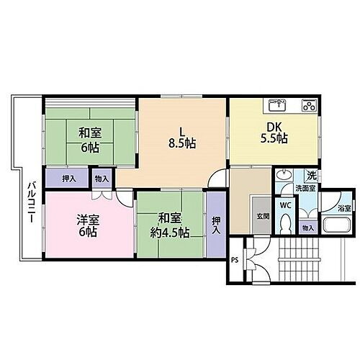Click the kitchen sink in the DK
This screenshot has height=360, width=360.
click(276, 106)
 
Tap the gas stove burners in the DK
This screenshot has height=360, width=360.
click(308, 106)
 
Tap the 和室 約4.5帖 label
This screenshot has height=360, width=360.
click(170, 225)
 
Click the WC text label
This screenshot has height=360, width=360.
click(285, 204)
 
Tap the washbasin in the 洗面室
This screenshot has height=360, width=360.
click(284, 176)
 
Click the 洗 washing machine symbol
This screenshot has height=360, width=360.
click(310, 175)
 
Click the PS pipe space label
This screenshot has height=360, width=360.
click(235, 261)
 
